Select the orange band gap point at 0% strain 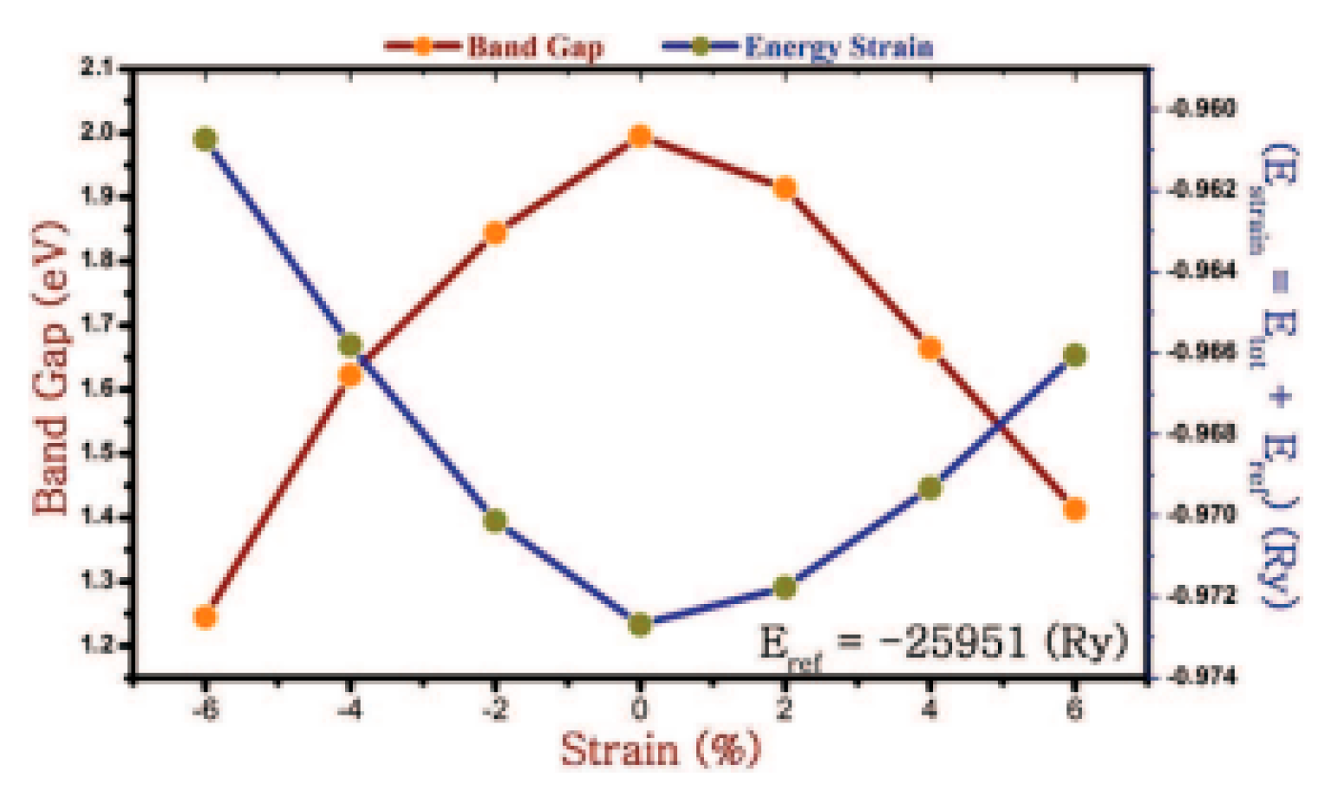point(640,136)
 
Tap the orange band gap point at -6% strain point(205,617)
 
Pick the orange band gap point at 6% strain point(1075,510)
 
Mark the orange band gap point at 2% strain point(784,188)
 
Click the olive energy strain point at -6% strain point(205,139)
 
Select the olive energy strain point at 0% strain point(640,625)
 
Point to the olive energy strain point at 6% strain point(1075,356)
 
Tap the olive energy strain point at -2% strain point(495,521)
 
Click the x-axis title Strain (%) point(661,749)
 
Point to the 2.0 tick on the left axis point(98,132)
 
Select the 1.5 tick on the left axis point(98,453)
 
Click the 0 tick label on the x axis point(639,710)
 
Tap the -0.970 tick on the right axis point(1201,515)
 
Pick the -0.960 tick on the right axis point(1201,109)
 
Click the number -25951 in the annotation point(951,643)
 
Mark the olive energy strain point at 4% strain point(930,488)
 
